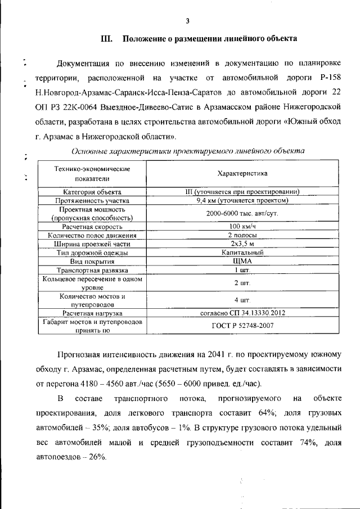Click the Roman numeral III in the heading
pos(107,39)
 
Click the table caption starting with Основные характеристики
pos(188,151)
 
